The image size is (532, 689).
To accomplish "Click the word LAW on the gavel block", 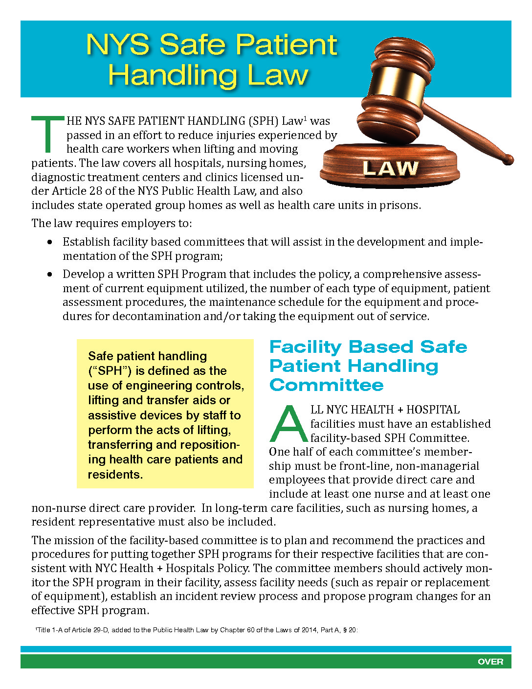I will tap(390, 168).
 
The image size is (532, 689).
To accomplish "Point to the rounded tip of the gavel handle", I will tap(509, 160).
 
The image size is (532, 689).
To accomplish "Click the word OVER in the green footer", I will tap(490, 662).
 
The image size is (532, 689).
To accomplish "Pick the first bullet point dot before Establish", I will tap(50, 242).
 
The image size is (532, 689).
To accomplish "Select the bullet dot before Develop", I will tap(50, 275).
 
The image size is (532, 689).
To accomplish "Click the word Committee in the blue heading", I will tap(326, 385).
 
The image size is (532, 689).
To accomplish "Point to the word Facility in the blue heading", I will tap(306, 347).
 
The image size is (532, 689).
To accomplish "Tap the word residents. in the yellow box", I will tap(115, 475).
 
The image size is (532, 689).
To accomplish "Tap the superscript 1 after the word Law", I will tap(305, 118).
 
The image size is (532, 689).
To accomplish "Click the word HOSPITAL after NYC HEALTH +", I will tap(433, 410).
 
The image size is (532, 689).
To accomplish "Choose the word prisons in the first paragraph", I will tap(400, 205).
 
